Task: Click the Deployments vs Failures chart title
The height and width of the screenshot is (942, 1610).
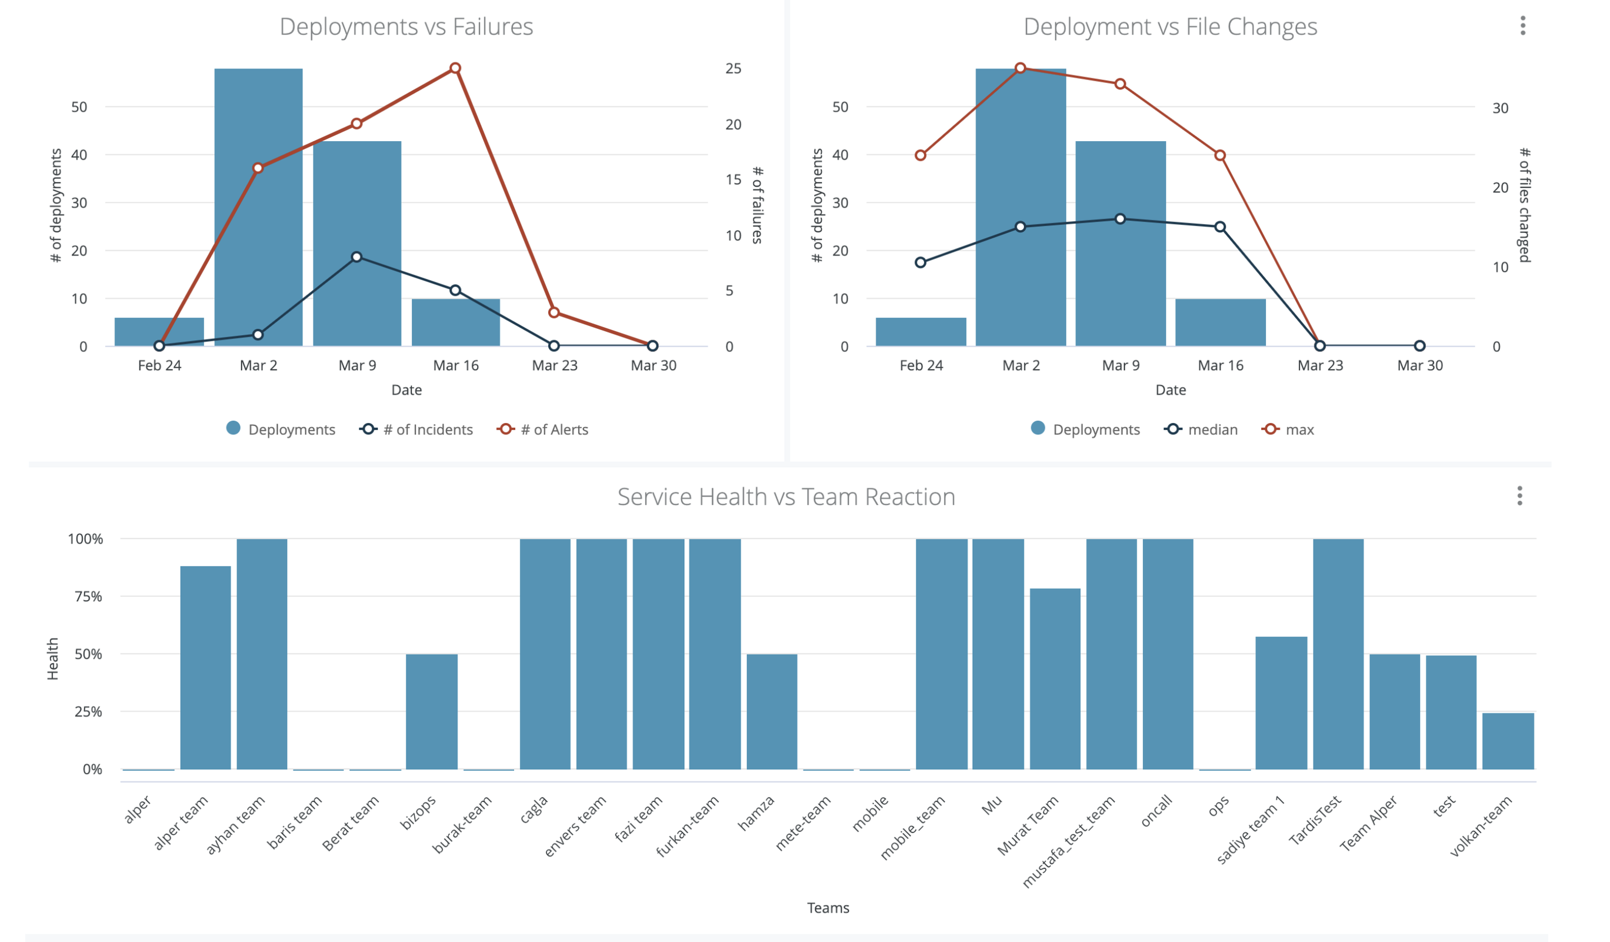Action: pyautogui.click(x=406, y=27)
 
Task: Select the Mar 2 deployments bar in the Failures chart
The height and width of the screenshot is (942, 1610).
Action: pyautogui.click(x=258, y=207)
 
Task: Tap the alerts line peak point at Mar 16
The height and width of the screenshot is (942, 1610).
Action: pyautogui.click(x=455, y=68)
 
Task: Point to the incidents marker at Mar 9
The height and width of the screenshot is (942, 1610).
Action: pyautogui.click(x=356, y=257)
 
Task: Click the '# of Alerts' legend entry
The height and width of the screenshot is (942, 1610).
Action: pyautogui.click(x=542, y=430)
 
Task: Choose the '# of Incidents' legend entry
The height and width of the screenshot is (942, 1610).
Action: pyautogui.click(x=416, y=430)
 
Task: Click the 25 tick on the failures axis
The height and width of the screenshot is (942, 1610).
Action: pyautogui.click(x=734, y=68)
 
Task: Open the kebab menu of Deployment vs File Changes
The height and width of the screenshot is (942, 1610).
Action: pyautogui.click(x=1523, y=25)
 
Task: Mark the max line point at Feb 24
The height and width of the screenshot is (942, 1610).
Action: pyautogui.click(x=921, y=155)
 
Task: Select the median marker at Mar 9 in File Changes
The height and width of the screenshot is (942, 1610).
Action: pyautogui.click(x=1120, y=219)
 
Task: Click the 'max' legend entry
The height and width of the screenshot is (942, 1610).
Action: pyautogui.click(x=1288, y=430)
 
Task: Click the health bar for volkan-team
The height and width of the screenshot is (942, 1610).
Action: pyautogui.click(x=1508, y=741)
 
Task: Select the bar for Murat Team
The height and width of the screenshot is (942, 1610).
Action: pyautogui.click(x=1055, y=679)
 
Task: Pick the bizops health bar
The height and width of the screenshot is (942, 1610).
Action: pyautogui.click(x=432, y=712)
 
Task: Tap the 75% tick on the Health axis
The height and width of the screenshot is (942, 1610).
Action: pyautogui.click(x=88, y=596)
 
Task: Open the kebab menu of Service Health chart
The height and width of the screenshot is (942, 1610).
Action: pyautogui.click(x=1520, y=496)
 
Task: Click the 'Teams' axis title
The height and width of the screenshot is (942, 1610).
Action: pyautogui.click(x=828, y=908)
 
